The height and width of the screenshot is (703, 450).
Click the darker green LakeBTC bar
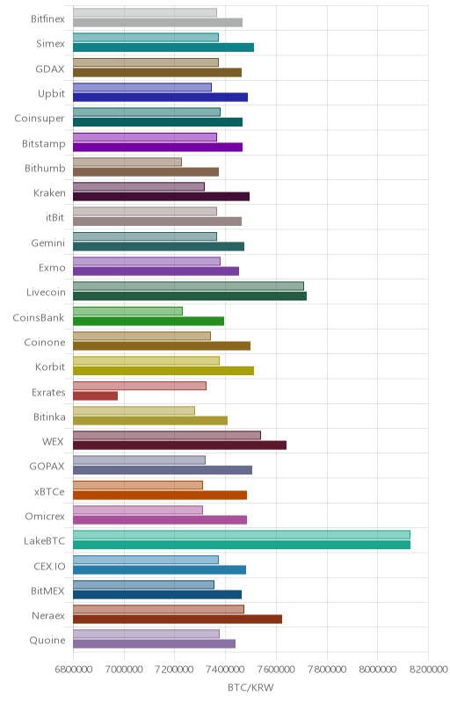[x=242, y=545]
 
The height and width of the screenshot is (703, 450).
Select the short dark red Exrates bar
[x=95, y=396]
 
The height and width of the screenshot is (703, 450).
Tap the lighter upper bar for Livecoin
[x=188, y=286]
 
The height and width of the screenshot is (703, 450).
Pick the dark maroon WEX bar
[x=179, y=446]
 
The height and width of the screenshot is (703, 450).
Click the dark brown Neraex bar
[x=178, y=620]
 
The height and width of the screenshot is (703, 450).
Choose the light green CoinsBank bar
[x=127, y=311]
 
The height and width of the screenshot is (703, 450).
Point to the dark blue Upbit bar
[x=161, y=98]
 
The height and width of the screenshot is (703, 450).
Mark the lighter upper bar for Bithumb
[x=127, y=162]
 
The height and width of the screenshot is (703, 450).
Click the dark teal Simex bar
[x=163, y=47]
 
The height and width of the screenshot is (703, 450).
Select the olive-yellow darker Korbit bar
[x=163, y=371]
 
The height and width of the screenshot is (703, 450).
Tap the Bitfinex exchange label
[x=47, y=18]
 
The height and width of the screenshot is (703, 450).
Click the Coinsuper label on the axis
[x=40, y=119]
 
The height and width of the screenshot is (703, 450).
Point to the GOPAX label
[x=47, y=467]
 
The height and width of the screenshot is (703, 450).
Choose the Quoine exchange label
[x=47, y=641]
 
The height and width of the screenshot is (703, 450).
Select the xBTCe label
[x=49, y=491]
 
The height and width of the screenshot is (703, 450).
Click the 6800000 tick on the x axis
[x=74, y=670]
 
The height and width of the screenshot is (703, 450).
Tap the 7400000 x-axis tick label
[x=226, y=670]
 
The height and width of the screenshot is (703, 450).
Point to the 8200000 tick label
[x=428, y=670]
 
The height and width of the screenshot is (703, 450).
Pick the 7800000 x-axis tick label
[x=327, y=670]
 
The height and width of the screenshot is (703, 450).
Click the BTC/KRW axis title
[x=250, y=687]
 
